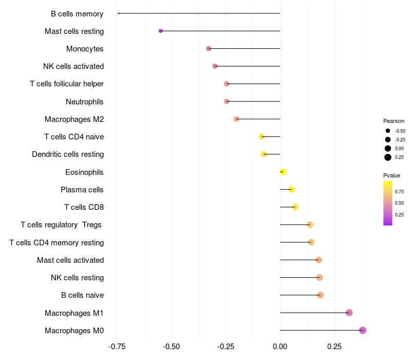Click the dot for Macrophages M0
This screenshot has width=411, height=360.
click(x=363, y=330)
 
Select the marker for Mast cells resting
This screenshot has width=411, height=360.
click(x=161, y=31)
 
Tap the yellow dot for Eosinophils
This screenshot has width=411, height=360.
click(x=283, y=172)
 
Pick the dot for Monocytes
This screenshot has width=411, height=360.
click(x=209, y=48)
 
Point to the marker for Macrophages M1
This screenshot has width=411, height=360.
click(x=349, y=313)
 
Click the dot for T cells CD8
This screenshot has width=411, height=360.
click(x=295, y=207)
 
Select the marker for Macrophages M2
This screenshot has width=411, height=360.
click(x=236, y=119)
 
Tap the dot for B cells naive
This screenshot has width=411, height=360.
click(x=320, y=295)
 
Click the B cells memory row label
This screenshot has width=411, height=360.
click(x=77, y=14)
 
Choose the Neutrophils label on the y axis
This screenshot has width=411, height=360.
click(x=85, y=102)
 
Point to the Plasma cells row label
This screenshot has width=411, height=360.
click(x=82, y=190)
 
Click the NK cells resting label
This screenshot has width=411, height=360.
click(x=77, y=278)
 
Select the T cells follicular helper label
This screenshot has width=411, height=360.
click(x=67, y=84)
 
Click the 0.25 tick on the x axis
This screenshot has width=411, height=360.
click(x=334, y=346)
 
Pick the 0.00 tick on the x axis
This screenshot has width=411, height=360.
click(x=280, y=346)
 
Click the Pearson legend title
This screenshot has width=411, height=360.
click(x=394, y=121)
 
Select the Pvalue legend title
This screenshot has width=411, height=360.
click(x=391, y=175)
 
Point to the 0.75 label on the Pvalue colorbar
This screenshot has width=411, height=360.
click(x=399, y=192)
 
